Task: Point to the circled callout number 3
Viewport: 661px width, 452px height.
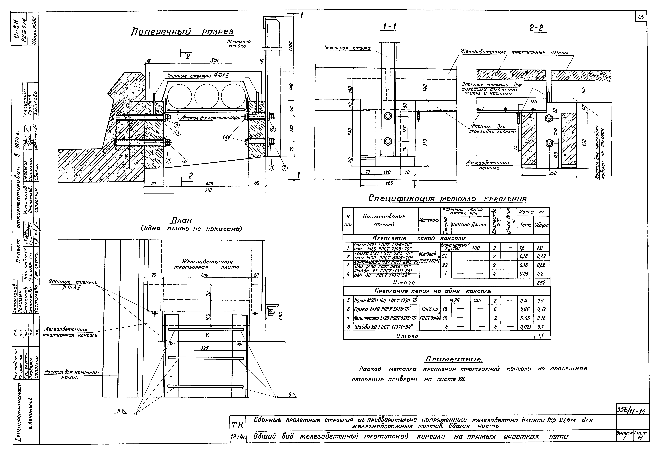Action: point(185,160)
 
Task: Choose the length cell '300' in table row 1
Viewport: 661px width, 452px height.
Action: point(475,248)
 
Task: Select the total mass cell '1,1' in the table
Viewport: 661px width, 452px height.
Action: point(541,336)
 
